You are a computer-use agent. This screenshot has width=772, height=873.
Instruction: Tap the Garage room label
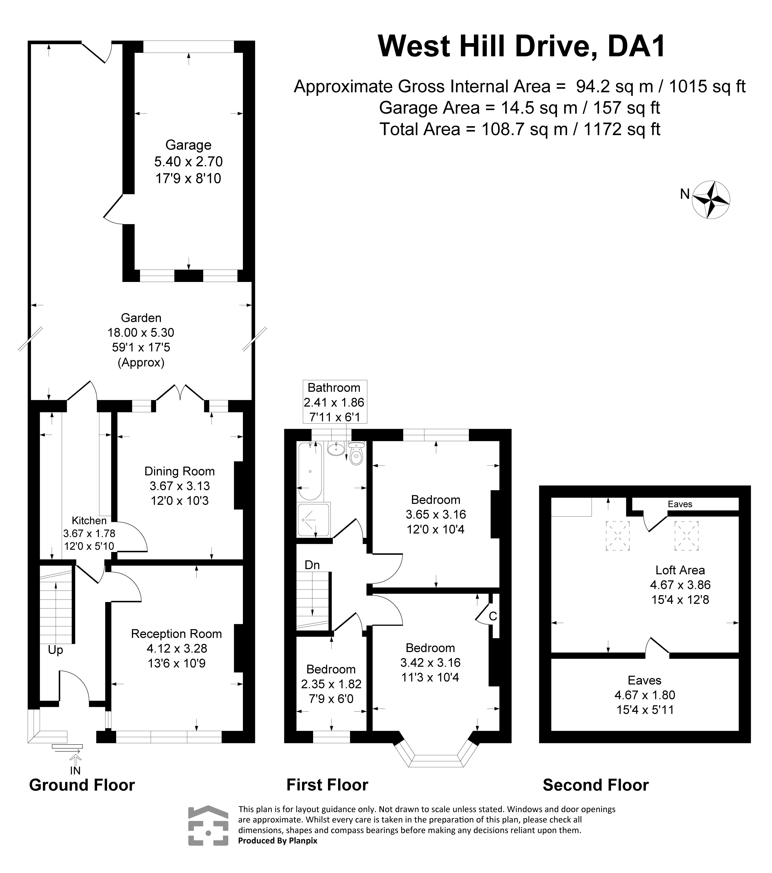click(188, 145)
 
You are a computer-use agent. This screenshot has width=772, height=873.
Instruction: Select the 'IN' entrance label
click(75, 770)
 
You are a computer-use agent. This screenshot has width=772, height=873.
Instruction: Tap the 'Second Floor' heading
click(595, 785)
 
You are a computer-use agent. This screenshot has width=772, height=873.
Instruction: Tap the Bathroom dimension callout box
click(335, 402)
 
